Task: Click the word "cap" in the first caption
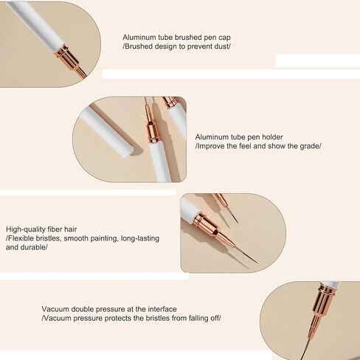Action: tap(224, 38)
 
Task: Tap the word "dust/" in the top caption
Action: tap(222, 46)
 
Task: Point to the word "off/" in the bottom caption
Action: tap(215, 318)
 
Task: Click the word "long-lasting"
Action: tap(140, 238)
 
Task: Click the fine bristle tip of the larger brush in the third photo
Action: tap(257, 263)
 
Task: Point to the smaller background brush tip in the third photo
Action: tap(238, 222)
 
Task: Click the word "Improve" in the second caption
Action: tap(211, 146)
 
